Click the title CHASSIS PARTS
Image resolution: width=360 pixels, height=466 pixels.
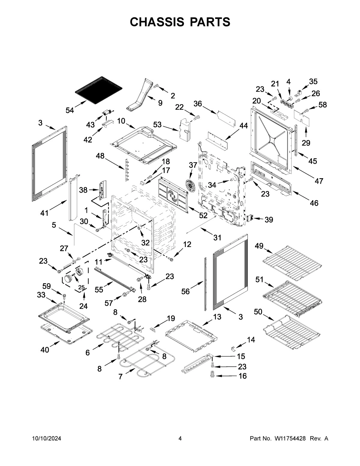tap(180, 22)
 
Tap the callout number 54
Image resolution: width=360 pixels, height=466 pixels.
tap(70, 110)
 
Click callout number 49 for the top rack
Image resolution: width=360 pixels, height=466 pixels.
tap(259, 246)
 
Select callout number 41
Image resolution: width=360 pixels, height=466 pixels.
tap(44, 213)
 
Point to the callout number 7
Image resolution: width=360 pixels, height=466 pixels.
tap(121, 377)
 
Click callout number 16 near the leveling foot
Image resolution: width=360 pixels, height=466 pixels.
tap(242, 376)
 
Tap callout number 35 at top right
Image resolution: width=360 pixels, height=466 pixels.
tap(313, 82)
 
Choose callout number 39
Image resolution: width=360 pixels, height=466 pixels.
tap(268, 220)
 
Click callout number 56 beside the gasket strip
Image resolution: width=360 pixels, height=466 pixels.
tap(186, 291)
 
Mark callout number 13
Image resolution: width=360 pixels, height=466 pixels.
tap(217, 317)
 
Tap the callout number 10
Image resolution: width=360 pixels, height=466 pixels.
tap(121, 121)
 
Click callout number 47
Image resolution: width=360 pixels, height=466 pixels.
tap(319, 181)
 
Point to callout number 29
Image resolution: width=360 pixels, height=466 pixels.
tap(306, 143)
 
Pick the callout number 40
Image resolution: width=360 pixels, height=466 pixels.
tap(45, 350)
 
